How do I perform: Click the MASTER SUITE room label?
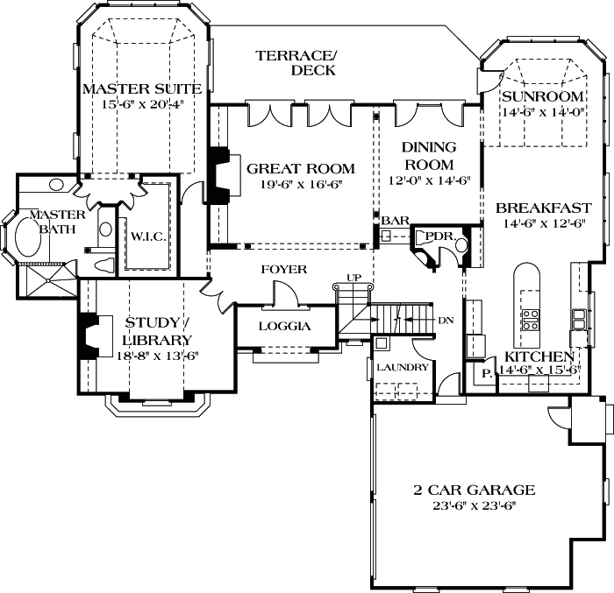click(x=141, y=88)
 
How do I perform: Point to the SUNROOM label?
click(x=543, y=95)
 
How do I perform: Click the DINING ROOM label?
click(x=428, y=156)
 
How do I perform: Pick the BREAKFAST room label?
click(x=543, y=208)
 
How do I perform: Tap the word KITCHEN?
click(x=539, y=357)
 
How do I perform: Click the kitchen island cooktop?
click(x=531, y=319)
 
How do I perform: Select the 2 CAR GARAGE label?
click(x=475, y=490)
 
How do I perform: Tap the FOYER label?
click(x=283, y=269)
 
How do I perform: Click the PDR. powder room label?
click(x=439, y=236)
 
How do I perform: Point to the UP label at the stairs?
click(x=353, y=278)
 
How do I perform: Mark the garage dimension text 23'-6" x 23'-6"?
click(x=475, y=506)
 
